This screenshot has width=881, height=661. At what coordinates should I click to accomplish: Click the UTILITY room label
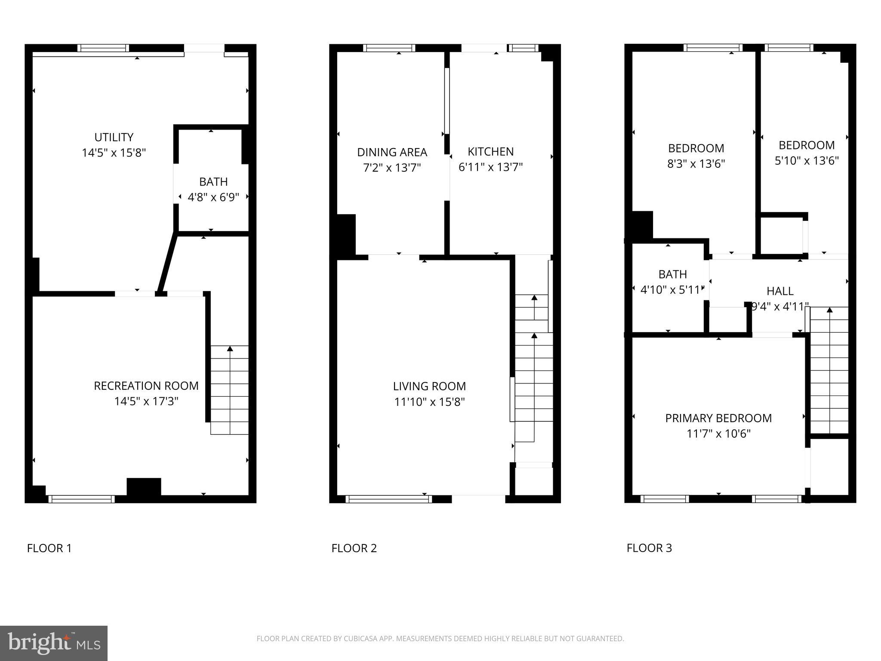[114, 137]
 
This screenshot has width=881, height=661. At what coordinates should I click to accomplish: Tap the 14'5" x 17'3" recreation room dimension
[146, 402]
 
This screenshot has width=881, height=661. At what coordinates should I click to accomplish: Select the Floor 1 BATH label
[213, 182]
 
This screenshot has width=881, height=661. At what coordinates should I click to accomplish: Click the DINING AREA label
[392, 152]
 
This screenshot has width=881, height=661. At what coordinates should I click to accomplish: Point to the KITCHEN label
[490, 151]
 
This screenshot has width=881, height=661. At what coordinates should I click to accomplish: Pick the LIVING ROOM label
[429, 386]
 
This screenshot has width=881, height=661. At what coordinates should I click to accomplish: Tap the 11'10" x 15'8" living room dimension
[429, 402]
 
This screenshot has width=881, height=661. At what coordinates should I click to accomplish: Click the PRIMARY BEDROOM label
[718, 418]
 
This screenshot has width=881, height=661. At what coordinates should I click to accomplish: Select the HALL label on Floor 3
[780, 291]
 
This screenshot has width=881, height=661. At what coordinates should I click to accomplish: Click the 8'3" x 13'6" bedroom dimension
[696, 164]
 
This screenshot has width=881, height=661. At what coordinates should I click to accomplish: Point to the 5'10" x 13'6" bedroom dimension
[807, 161]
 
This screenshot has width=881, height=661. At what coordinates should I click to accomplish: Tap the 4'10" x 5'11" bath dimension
[672, 290]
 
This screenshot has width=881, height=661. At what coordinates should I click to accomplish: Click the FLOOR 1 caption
[49, 548]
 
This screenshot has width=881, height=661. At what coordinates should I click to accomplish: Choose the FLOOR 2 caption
[354, 548]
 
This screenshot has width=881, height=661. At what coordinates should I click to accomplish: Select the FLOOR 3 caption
[649, 548]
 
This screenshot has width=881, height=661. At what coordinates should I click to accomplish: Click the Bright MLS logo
[54, 643]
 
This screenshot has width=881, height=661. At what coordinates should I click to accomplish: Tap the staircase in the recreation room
[229, 389]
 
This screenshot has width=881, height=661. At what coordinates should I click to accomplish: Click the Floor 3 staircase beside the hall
[829, 370]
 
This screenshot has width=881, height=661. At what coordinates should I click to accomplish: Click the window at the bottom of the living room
[388, 499]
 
